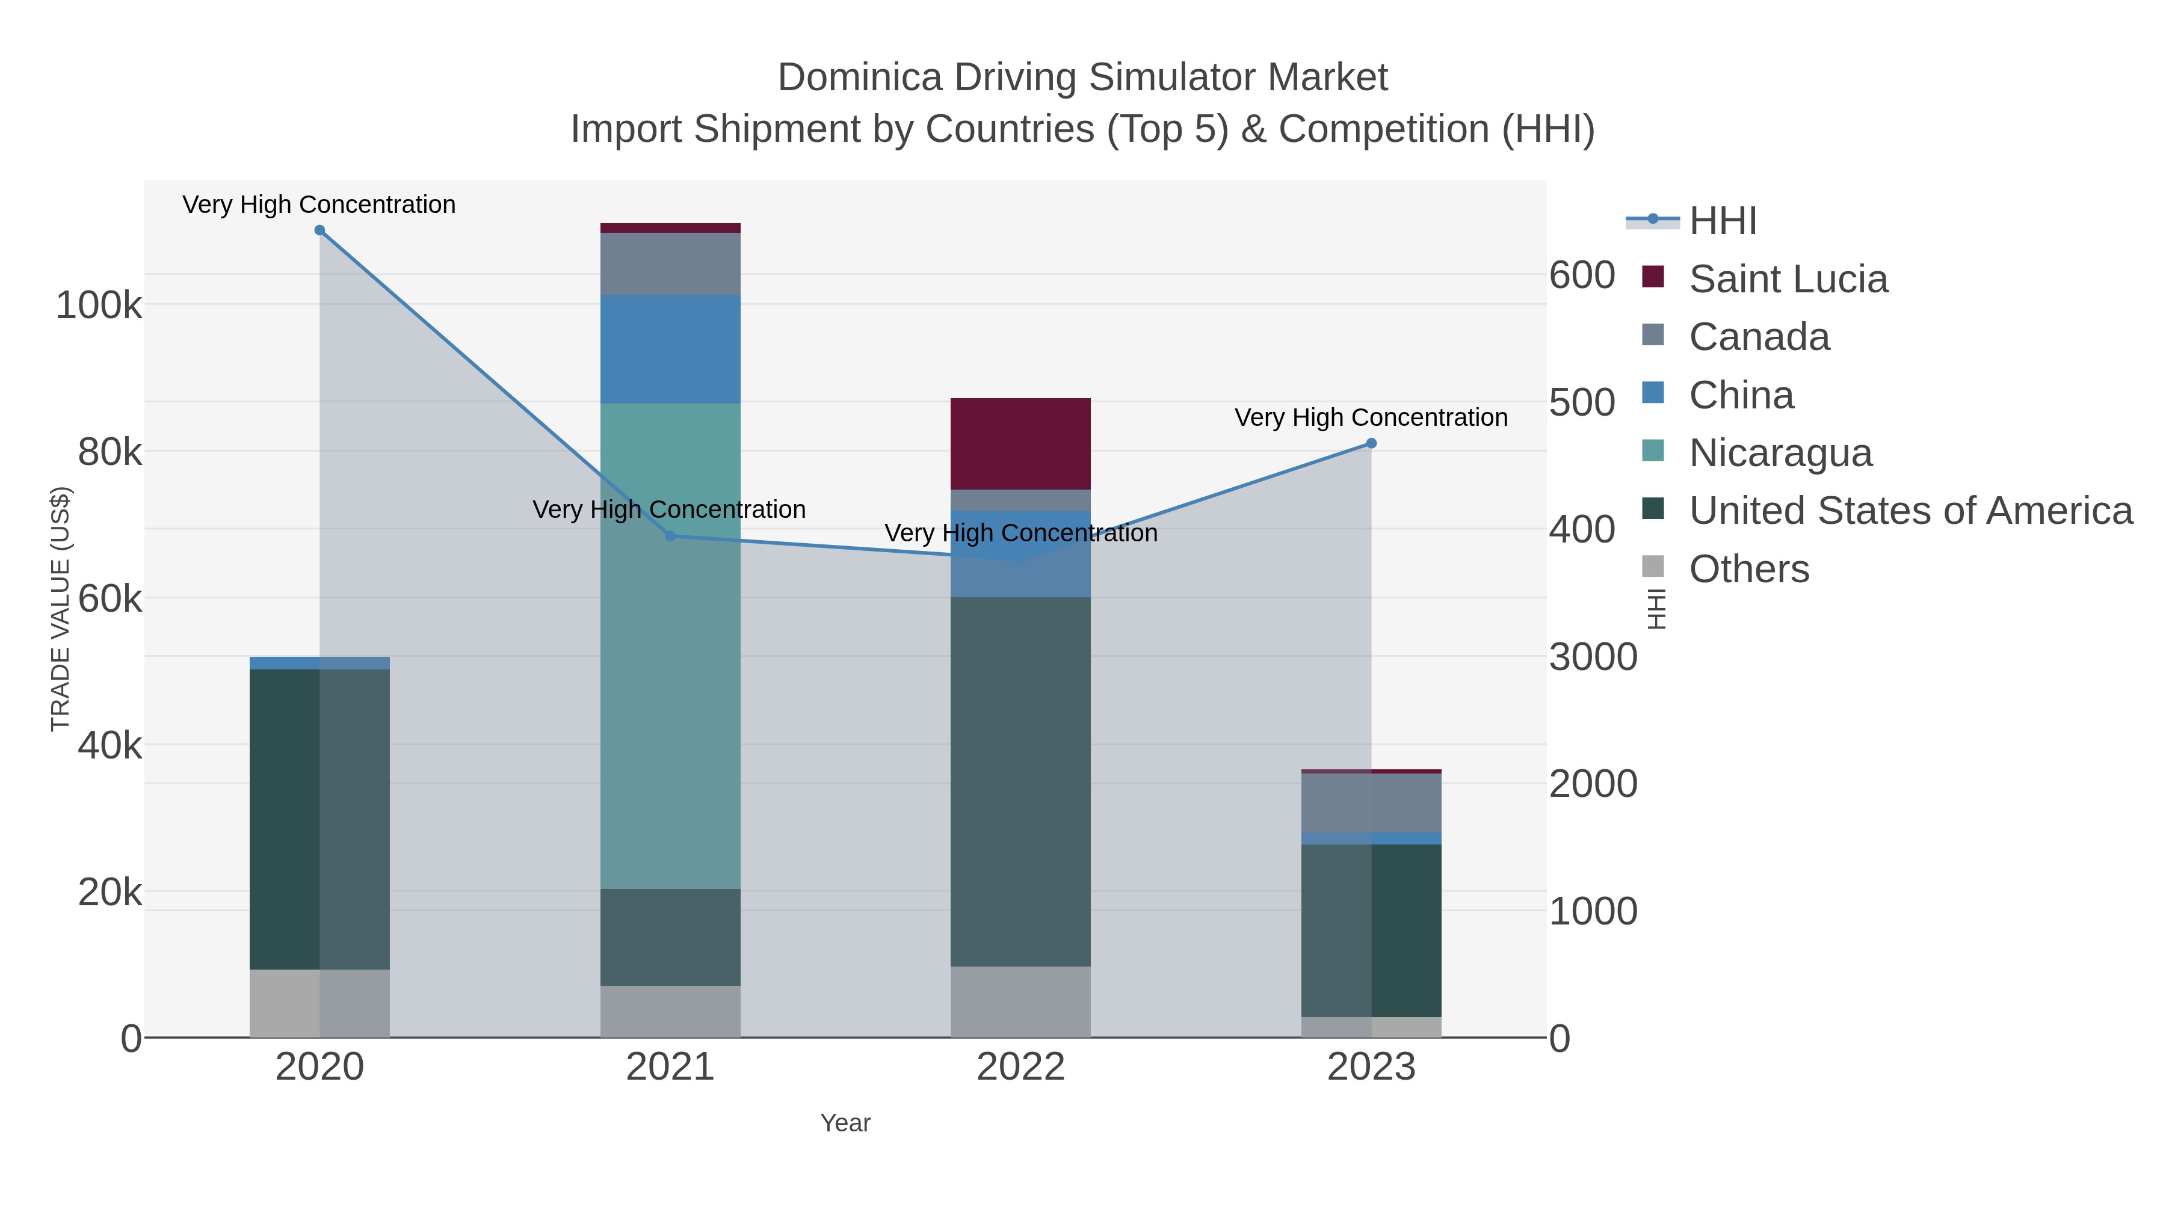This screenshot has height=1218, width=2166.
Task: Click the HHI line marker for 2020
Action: (x=319, y=230)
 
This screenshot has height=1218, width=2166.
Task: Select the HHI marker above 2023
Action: (x=1371, y=443)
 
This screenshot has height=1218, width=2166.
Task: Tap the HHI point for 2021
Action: (x=670, y=535)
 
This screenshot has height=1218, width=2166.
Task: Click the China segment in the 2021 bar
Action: (x=670, y=349)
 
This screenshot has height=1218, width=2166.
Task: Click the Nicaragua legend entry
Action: (x=1780, y=453)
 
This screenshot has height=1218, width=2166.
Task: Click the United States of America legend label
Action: (x=1910, y=511)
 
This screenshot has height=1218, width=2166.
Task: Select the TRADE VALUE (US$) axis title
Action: (x=61, y=609)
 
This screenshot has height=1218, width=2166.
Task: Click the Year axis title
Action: (x=845, y=1123)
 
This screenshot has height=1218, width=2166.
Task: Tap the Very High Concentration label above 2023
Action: (x=1371, y=418)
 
